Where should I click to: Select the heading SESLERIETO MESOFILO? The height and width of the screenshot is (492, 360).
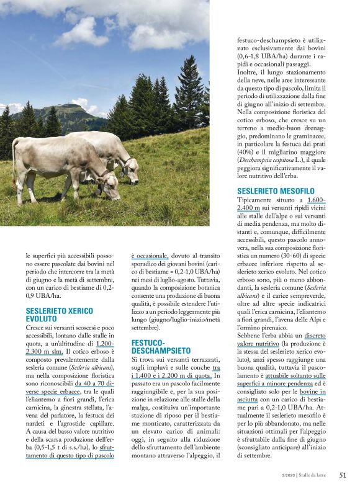tap(276, 190)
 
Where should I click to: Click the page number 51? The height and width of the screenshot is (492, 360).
tap(343, 475)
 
